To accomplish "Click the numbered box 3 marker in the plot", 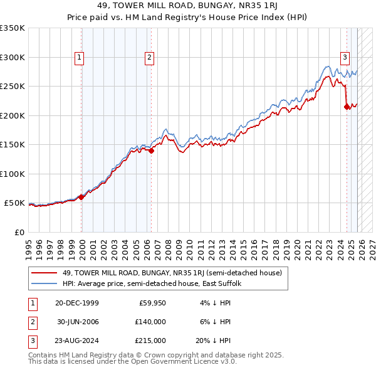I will point(345,58).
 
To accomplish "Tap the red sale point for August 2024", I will point(347,107).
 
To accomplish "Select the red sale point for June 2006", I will point(151,151).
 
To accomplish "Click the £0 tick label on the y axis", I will point(19,232).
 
